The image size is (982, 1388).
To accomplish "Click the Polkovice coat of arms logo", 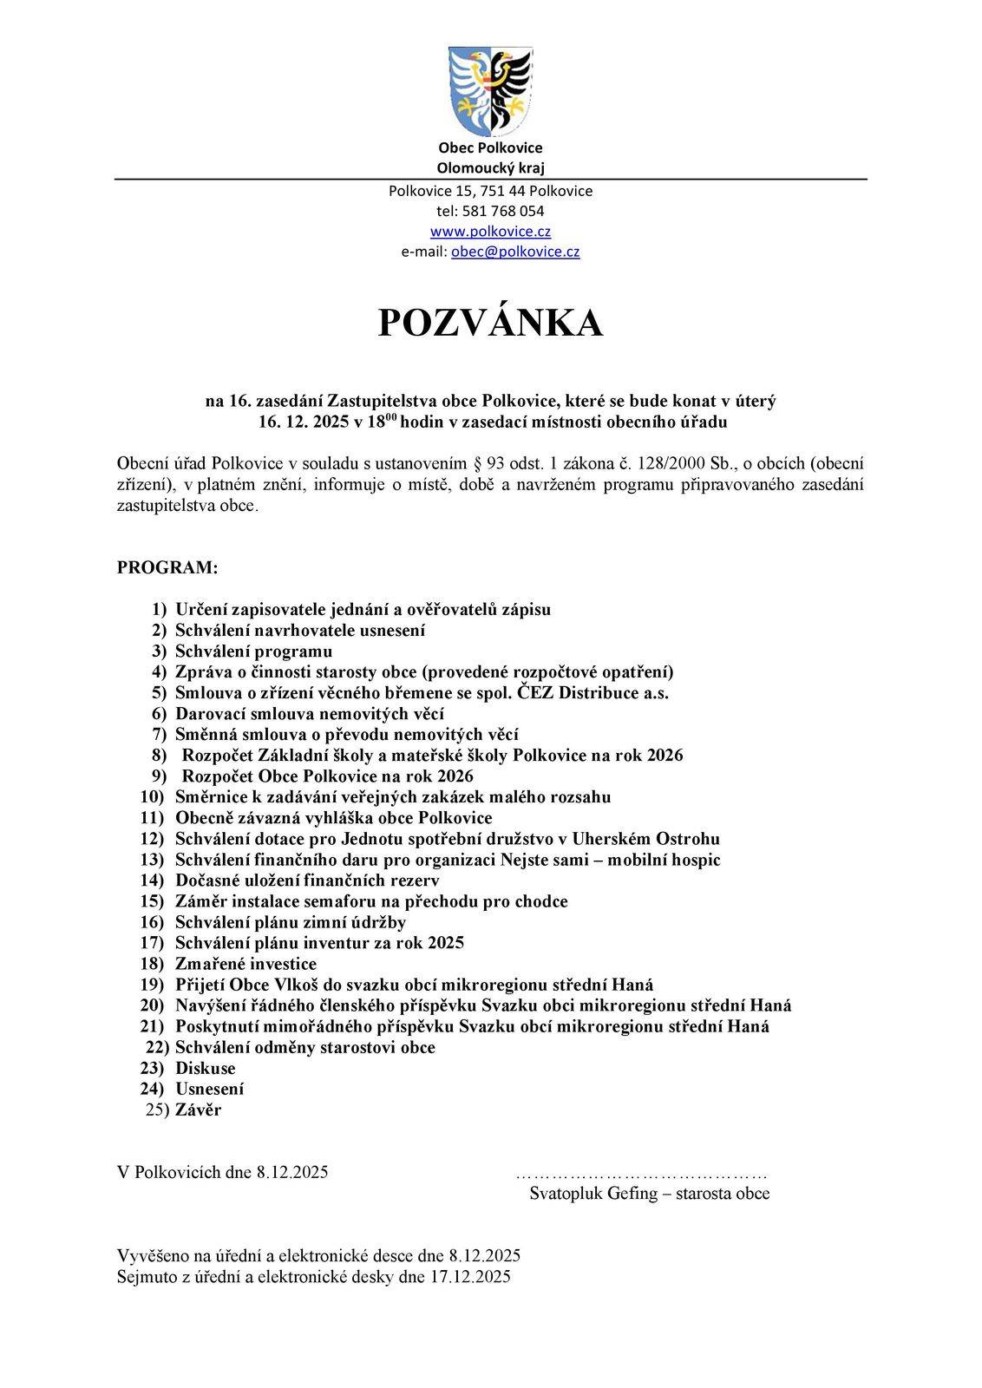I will click(x=490, y=90).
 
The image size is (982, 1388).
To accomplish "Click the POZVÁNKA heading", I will click(x=490, y=323).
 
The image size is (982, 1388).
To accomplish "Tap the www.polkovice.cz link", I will click(x=490, y=232).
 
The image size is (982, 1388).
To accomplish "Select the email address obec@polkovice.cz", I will click(x=515, y=252).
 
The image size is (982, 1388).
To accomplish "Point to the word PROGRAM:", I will click(x=167, y=568).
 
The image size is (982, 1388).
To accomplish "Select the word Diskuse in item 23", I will click(x=206, y=1068).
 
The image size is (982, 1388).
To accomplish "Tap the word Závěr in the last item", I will click(x=199, y=1110).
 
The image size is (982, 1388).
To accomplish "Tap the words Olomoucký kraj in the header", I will click(x=490, y=168).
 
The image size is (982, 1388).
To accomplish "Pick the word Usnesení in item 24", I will click(x=210, y=1089).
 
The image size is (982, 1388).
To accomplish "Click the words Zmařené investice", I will click(x=246, y=964).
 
